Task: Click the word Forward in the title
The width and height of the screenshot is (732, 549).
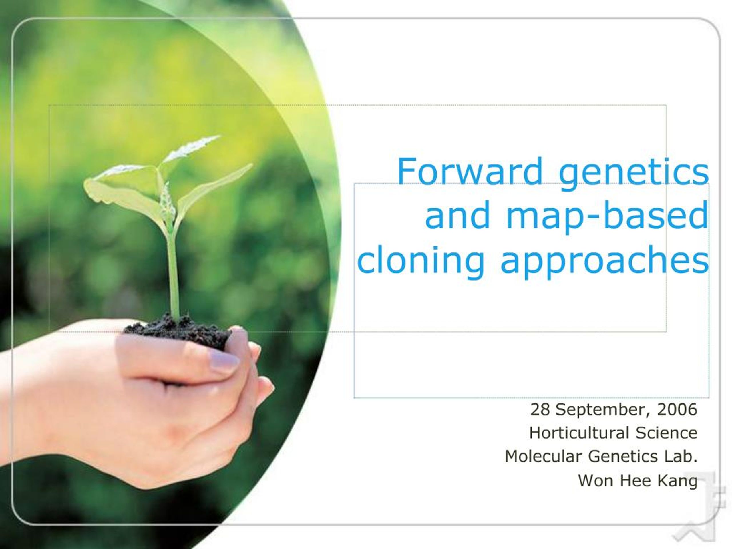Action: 470,171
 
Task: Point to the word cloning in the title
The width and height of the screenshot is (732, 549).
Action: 421,260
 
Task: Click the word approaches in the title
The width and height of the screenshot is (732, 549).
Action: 604,260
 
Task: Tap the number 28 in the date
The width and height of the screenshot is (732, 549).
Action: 540,409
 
